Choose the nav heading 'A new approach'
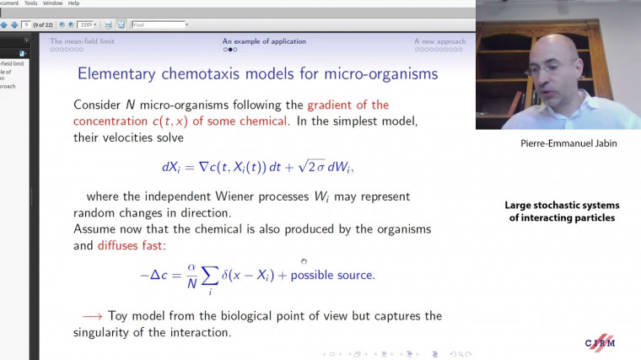pyautogui.click(x=439, y=40)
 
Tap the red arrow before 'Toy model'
pyautogui.click(x=93, y=316)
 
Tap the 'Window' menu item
pyautogui.click(x=53, y=3)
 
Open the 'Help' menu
pyautogui.click(x=73, y=3)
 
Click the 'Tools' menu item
pyautogui.click(x=31, y=3)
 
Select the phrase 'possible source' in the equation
pyautogui.click(x=331, y=276)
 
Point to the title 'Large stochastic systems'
pyautogui.click(x=562, y=206)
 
